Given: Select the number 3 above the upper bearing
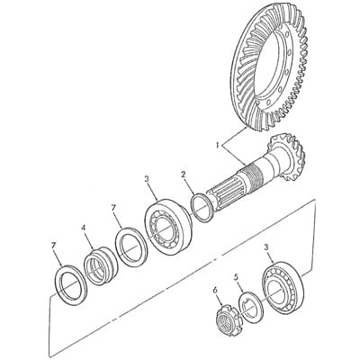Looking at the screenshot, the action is click(x=147, y=179).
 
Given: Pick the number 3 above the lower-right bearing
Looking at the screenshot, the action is click(x=266, y=247).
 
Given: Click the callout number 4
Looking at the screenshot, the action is click(x=84, y=229).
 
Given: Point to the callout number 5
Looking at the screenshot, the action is click(x=236, y=277).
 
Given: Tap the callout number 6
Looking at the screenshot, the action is click(x=214, y=290).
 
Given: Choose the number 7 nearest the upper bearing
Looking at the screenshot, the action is click(x=113, y=207).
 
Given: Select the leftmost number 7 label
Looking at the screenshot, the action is click(x=54, y=246).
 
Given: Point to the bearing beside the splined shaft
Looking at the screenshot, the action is click(x=168, y=226).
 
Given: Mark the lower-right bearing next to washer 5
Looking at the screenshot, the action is click(x=283, y=288).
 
